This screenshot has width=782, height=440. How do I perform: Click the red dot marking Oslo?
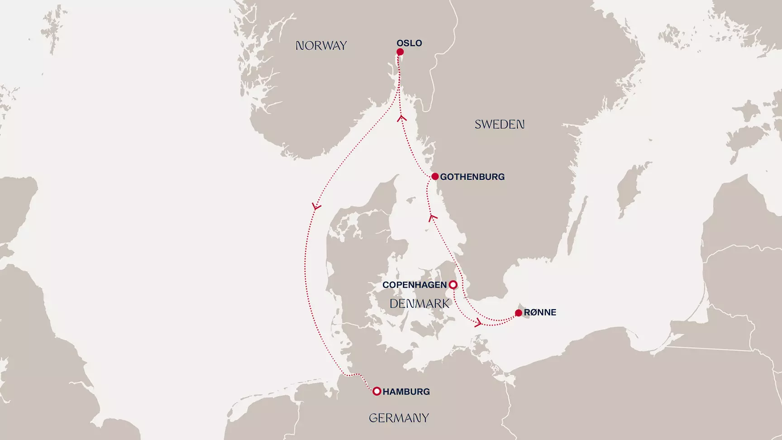coord(400,52)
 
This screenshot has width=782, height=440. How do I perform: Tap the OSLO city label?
coord(409,43)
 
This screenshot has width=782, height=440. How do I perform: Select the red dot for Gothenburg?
coord(435,177)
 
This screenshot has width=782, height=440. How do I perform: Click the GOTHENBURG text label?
coord(472,177)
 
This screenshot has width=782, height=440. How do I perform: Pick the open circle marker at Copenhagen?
coord(453,285)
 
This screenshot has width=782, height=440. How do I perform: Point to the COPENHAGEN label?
coord(415,285)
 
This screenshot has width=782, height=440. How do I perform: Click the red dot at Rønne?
coord(519,313)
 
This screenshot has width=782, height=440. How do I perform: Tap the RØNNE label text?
coord(540,312)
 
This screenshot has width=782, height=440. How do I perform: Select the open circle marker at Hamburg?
coord(377,392)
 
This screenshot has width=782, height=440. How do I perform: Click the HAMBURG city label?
coord(406,392)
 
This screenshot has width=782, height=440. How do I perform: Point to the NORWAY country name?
coord(321,46)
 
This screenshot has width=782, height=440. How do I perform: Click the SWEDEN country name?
coord(499,124)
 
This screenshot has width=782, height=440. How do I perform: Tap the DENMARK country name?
coord(420,304)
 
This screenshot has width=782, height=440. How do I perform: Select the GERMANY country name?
coord(399,418)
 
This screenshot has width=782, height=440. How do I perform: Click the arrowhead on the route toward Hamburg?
coord(316,207)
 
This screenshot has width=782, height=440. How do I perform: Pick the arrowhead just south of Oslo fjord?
coord(401,118)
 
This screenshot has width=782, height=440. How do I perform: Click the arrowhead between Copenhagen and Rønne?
coord(477,323)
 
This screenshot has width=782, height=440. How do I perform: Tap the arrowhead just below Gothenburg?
coord(433,218)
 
